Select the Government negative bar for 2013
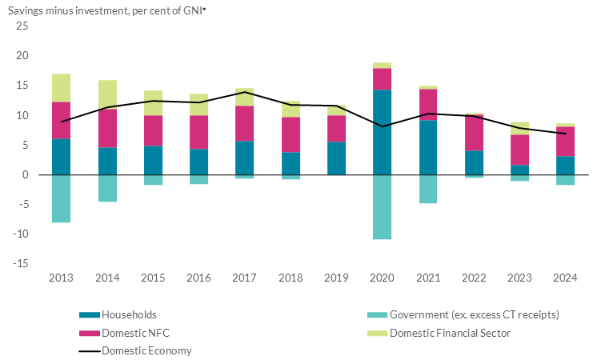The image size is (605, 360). (61, 198)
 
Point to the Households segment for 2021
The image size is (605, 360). (428, 147)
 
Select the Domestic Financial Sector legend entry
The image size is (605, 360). (449, 333)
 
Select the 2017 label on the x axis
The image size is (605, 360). (245, 278)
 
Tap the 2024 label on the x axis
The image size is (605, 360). (566, 278)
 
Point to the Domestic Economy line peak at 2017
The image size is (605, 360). (245, 92)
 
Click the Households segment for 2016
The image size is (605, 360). (199, 162)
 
